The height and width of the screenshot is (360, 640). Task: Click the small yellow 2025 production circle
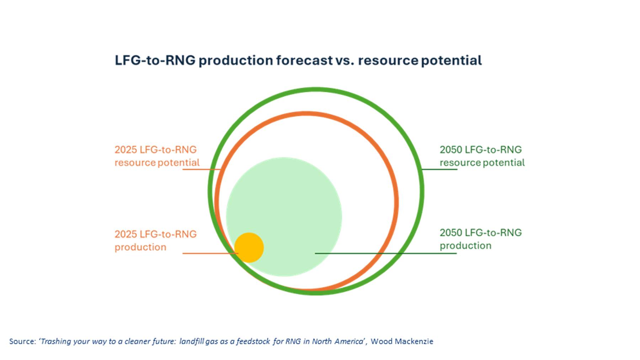249,248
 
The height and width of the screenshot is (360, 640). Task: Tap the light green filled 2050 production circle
284,217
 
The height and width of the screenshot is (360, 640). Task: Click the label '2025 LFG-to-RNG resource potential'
157,156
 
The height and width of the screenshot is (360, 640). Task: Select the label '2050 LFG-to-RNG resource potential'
482,156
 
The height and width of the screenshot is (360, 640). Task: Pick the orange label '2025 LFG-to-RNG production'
155,240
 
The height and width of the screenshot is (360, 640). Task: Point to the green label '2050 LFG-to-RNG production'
481,239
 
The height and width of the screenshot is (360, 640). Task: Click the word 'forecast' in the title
304,60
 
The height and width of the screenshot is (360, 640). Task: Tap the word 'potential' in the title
451,60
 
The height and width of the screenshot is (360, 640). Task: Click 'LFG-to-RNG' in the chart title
155,60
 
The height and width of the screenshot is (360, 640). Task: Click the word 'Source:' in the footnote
23,342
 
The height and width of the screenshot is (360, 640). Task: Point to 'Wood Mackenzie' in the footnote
402,342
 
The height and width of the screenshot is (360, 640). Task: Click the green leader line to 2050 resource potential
439,169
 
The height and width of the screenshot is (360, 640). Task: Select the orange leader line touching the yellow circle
210,253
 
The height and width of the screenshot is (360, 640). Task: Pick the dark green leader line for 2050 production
386,253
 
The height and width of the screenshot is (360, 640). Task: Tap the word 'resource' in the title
388,60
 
